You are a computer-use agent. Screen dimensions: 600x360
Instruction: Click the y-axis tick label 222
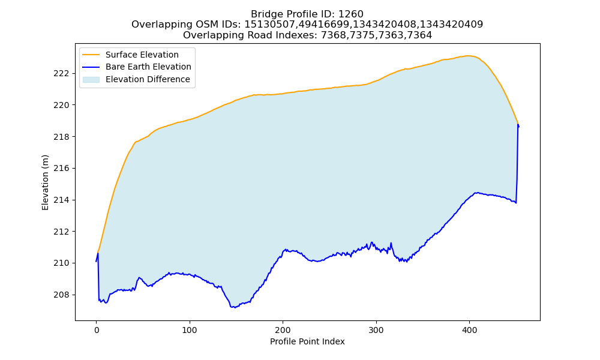click(62, 73)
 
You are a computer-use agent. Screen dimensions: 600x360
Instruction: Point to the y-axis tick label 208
click(62, 295)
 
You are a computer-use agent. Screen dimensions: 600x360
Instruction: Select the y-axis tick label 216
click(62, 169)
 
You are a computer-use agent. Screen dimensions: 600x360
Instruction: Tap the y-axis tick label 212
click(62, 232)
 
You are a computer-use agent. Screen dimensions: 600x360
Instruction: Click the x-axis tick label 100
click(190, 330)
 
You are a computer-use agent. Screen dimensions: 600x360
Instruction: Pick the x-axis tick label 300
click(376, 330)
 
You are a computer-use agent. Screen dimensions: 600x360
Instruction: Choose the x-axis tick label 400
click(470, 330)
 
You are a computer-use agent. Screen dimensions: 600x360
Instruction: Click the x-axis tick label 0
click(97, 330)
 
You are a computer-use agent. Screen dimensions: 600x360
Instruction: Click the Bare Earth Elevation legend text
click(148, 67)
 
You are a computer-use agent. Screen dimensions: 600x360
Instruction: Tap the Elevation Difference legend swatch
click(91, 79)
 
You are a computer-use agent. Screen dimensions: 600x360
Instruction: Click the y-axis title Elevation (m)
click(46, 182)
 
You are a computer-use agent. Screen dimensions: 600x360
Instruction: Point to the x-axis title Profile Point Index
click(307, 341)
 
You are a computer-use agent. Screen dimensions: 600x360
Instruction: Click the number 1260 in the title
click(351, 14)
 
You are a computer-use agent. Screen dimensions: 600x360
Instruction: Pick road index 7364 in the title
click(419, 35)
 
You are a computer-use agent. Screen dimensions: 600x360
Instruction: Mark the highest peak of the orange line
click(467, 56)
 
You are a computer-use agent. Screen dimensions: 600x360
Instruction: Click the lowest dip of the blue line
click(234, 307)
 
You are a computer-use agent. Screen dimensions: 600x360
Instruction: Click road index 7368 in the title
click(333, 35)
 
